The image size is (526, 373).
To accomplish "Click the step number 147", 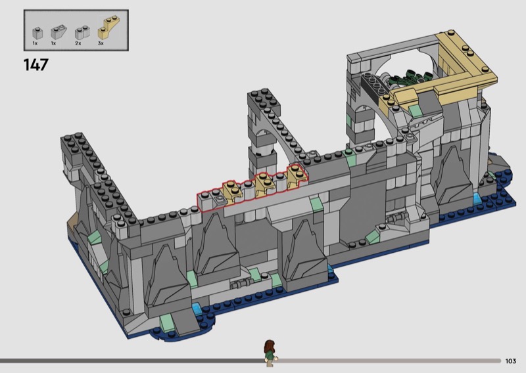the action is pyautogui.click(x=36, y=64).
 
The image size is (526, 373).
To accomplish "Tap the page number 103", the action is pyautogui.click(x=510, y=361).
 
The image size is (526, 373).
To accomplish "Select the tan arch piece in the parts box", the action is pyautogui.click(x=108, y=27).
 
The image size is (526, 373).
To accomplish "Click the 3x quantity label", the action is pyautogui.click(x=101, y=43).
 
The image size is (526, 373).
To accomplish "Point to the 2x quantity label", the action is pyautogui.click(x=78, y=43).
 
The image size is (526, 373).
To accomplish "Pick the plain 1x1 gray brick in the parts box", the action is pyautogui.click(x=37, y=33).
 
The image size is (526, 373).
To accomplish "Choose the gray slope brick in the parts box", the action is pyautogui.click(x=59, y=32).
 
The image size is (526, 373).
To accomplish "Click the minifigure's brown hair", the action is pyautogui.click(x=270, y=346).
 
